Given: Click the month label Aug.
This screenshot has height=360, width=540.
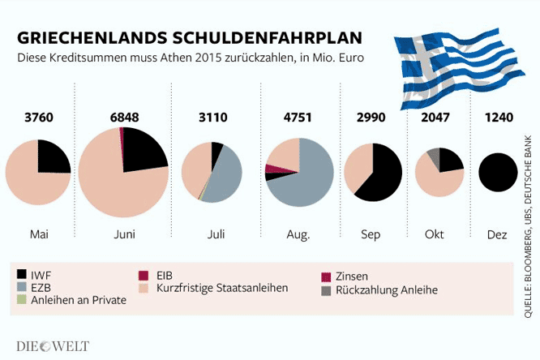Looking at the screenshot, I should [298, 235].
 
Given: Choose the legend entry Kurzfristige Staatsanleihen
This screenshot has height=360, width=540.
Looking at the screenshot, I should [219, 288].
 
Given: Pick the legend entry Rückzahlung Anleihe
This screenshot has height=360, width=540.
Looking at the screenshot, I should [385, 289].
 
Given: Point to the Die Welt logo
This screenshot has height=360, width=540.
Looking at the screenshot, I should [53, 346].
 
